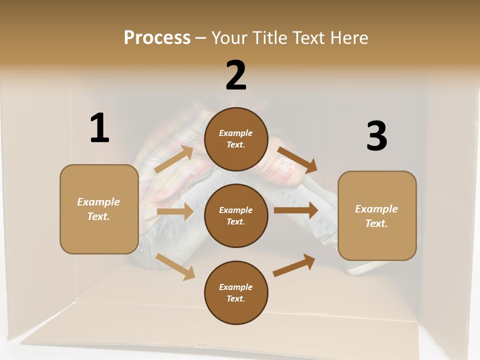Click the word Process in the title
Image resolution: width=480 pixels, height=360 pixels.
pyautogui.click(x=157, y=38)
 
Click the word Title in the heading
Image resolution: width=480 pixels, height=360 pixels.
pyautogui.click(x=266, y=38)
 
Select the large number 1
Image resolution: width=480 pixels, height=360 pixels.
pyautogui.click(x=99, y=128)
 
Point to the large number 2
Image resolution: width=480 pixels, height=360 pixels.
pyautogui.click(x=236, y=75)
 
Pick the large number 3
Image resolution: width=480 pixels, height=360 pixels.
pyautogui.click(x=376, y=136)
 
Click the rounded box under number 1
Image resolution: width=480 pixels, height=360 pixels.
pyautogui.click(x=99, y=209)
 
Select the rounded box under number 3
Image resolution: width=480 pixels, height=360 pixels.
pyautogui.click(x=377, y=216)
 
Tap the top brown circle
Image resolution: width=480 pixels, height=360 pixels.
pyautogui.click(x=236, y=139)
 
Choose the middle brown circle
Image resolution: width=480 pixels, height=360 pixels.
pyautogui.click(x=236, y=216)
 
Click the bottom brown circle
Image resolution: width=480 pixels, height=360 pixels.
pyautogui.click(x=236, y=293)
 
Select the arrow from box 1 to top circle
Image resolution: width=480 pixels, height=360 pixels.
pyautogui.click(x=174, y=159)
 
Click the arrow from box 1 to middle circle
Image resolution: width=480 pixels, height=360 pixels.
pyautogui.click(x=175, y=211)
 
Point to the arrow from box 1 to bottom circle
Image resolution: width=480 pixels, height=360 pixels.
pyautogui.click(x=175, y=266)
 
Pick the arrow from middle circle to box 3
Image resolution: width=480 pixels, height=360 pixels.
pyautogui.click(x=296, y=210)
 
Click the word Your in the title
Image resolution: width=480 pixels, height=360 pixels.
pyautogui.click(x=228, y=38)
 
